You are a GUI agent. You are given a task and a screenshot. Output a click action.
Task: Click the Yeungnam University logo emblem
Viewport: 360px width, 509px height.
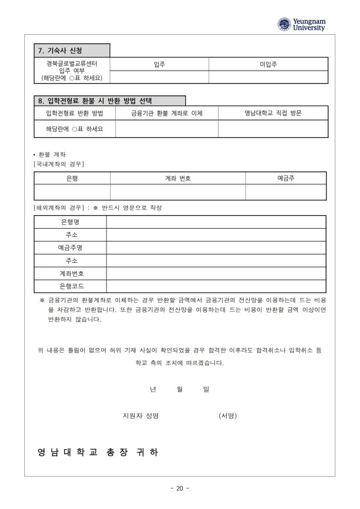(x=284, y=24)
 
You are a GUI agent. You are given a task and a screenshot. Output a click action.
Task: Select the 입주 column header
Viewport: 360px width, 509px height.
(x=159, y=64)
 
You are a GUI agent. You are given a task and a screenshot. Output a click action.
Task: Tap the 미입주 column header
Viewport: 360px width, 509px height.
(x=268, y=64)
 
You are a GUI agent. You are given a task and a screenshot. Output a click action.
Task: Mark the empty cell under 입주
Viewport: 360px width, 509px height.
(x=159, y=77)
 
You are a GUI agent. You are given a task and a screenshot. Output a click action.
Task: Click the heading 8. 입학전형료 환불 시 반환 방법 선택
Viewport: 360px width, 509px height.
(x=97, y=101)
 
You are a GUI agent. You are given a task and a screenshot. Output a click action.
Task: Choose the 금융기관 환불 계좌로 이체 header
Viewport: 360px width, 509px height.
(x=167, y=113)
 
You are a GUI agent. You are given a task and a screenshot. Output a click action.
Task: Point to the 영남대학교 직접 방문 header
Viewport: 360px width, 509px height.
(x=273, y=113)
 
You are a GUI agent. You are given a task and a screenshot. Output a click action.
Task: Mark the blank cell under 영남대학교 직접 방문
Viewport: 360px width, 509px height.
(x=273, y=129)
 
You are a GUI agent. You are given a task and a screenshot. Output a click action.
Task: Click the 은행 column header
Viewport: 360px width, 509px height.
(x=72, y=178)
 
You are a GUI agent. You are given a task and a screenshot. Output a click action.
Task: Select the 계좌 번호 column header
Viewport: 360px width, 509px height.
(x=178, y=178)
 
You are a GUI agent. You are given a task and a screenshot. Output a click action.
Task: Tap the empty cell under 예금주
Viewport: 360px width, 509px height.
(x=286, y=192)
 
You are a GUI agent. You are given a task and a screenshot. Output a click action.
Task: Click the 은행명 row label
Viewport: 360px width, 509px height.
(x=70, y=222)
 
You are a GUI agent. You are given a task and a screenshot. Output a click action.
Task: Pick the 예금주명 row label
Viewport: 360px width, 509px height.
(x=70, y=248)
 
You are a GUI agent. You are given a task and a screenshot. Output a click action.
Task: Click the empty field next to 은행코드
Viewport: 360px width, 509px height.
(x=216, y=286)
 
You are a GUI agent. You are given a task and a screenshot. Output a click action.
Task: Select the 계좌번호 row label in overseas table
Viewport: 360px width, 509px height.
(x=70, y=274)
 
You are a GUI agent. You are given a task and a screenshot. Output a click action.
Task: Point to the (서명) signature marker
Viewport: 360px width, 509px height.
(x=227, y=415)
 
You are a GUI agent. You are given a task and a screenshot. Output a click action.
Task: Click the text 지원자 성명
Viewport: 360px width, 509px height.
(x=141, y=415)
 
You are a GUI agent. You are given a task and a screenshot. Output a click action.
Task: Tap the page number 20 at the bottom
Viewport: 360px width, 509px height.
(x=180, y=488)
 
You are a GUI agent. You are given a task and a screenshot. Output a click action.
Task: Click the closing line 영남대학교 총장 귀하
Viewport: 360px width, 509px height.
(x=98, y=452)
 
